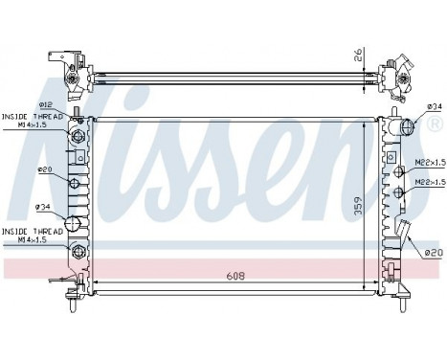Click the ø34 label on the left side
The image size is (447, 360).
(x=42, y=207)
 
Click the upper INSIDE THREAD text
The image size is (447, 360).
(x=32, y=115)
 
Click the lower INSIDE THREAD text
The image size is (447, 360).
(x=32, y=231)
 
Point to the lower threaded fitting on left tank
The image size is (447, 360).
(x=78, y=252)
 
